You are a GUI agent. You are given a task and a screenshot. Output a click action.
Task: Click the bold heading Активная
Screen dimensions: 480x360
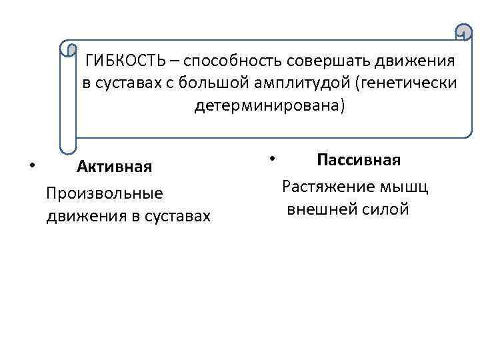click(x=115, y=166)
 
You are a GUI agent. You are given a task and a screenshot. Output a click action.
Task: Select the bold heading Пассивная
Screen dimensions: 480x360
click(x=359, y=160)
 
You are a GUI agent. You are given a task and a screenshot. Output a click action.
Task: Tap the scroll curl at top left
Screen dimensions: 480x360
click(x=68, y=49)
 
